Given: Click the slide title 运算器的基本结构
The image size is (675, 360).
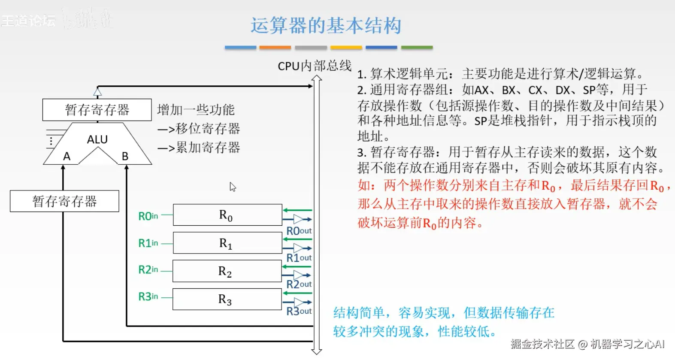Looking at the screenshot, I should [326, 25].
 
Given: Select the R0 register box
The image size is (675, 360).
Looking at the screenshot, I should [227, 215].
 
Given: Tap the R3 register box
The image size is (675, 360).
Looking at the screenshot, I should [227, 299].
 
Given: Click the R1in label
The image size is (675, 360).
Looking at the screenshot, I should [148, 243].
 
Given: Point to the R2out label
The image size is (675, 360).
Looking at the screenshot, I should [299, 284].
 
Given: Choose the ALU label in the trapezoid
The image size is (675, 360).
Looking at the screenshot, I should [97, 139].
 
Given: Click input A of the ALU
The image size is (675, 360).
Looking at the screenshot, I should [67, 156].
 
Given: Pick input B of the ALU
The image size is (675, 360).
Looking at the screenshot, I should [125, 156].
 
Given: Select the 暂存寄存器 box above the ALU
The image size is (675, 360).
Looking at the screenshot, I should [97, 110].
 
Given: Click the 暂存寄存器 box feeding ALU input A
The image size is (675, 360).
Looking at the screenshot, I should [64, 201].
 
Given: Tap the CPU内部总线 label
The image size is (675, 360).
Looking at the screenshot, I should [315, 66].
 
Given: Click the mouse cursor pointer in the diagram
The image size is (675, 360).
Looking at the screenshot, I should [233, 187].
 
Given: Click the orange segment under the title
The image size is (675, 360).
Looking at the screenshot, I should [275, 47].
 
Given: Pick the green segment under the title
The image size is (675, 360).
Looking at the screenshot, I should [417, 47].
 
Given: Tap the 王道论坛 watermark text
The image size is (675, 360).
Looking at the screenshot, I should [28, 20].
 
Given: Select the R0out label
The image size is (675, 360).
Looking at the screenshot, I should [299, 231].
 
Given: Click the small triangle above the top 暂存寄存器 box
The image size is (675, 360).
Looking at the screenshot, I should [98, 92].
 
